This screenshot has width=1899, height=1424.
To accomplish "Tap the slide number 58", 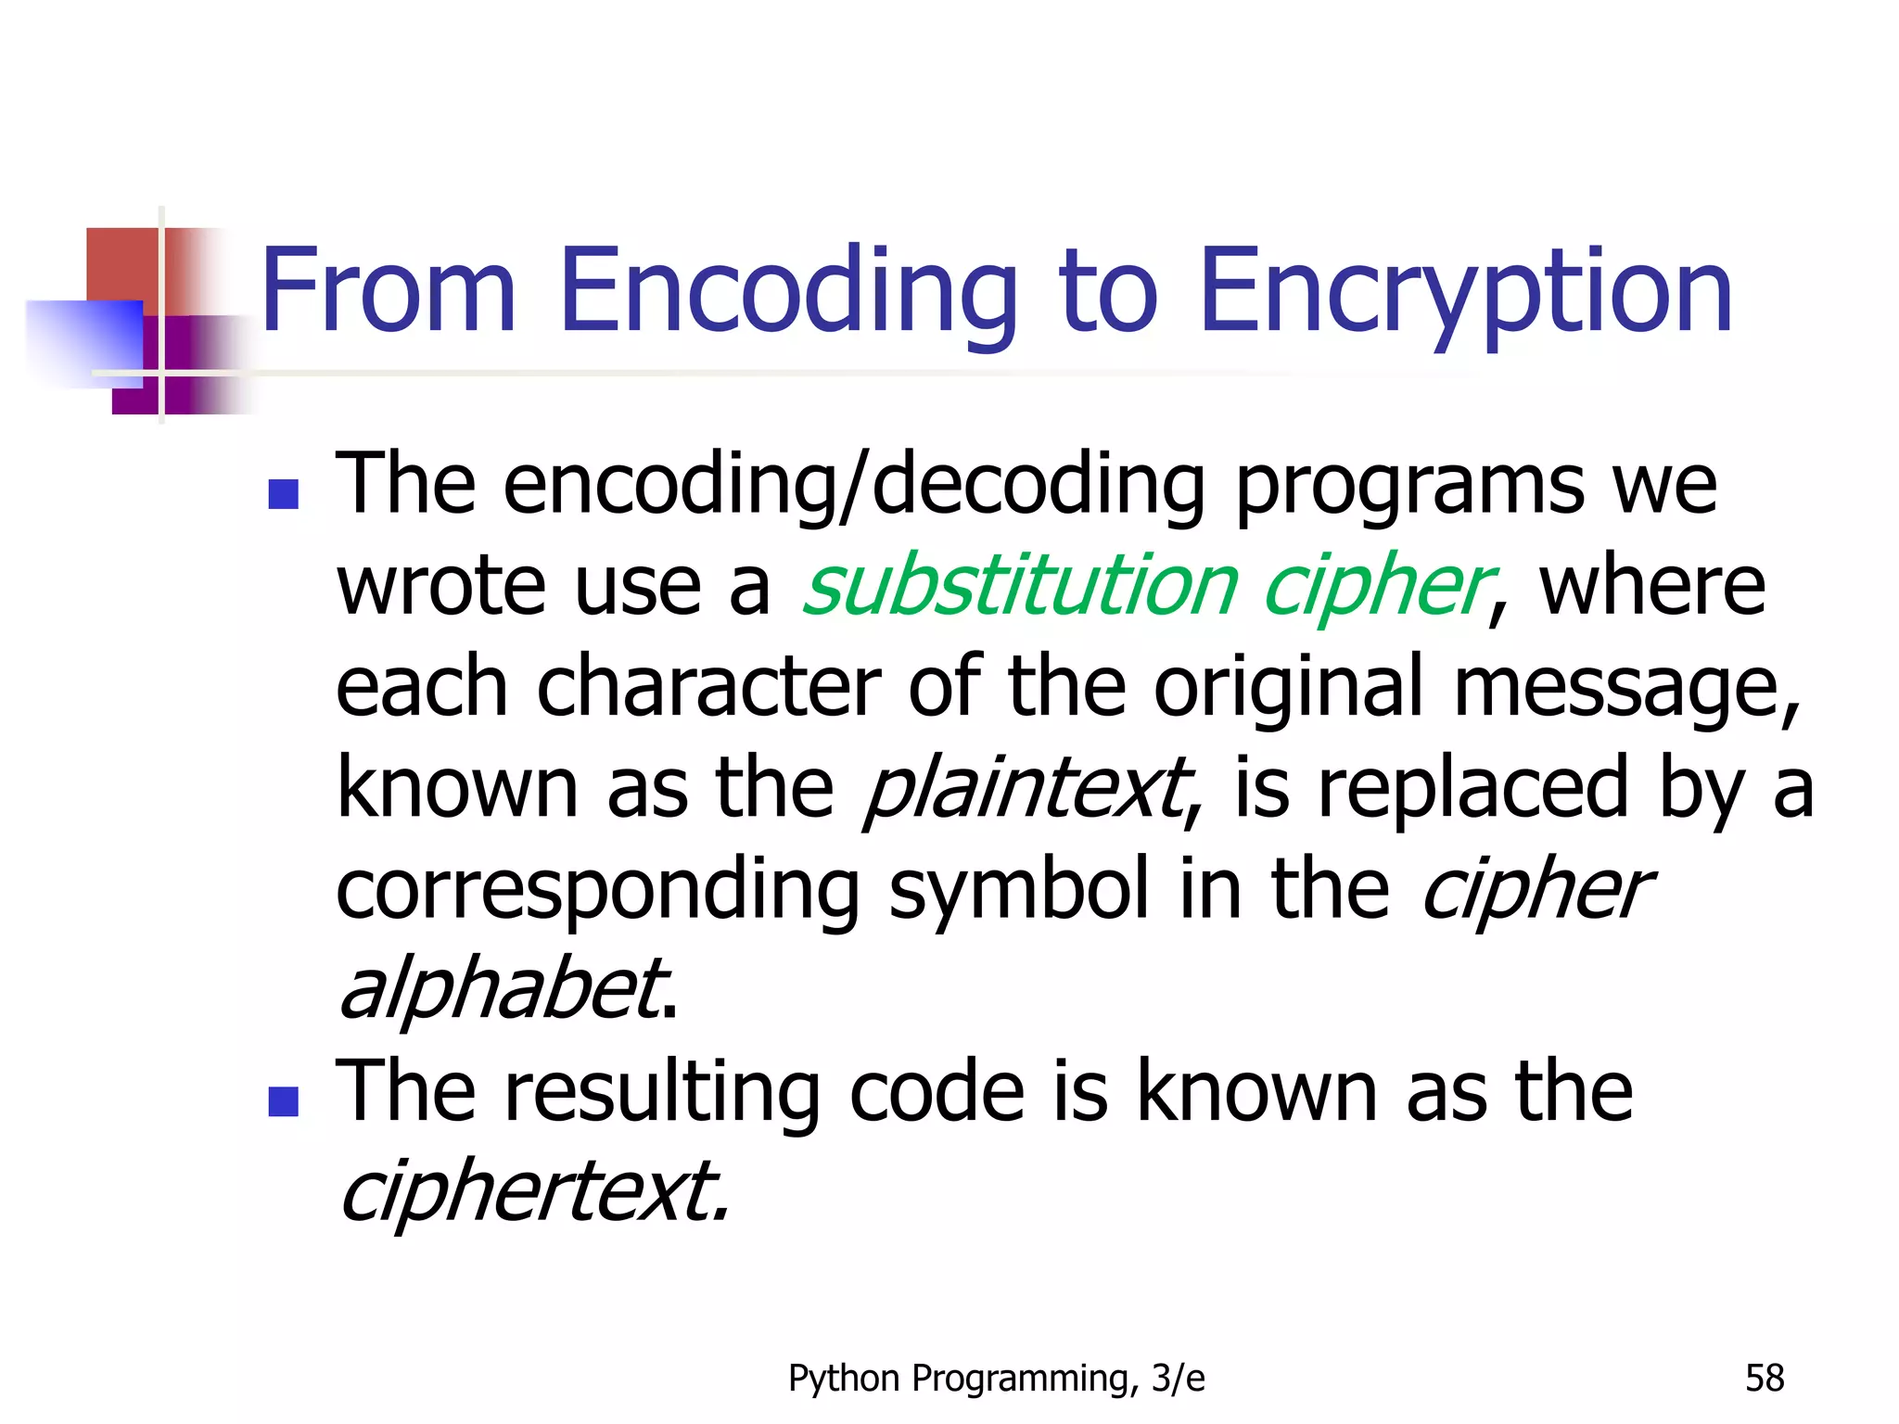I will (1765, 1379).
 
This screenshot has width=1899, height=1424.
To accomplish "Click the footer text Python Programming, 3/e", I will (997, 1379).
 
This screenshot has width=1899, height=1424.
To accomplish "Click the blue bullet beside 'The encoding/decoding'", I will (283, 494).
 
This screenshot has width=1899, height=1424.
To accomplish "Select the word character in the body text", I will (708, 687).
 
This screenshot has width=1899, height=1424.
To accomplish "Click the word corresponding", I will (598, 889).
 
